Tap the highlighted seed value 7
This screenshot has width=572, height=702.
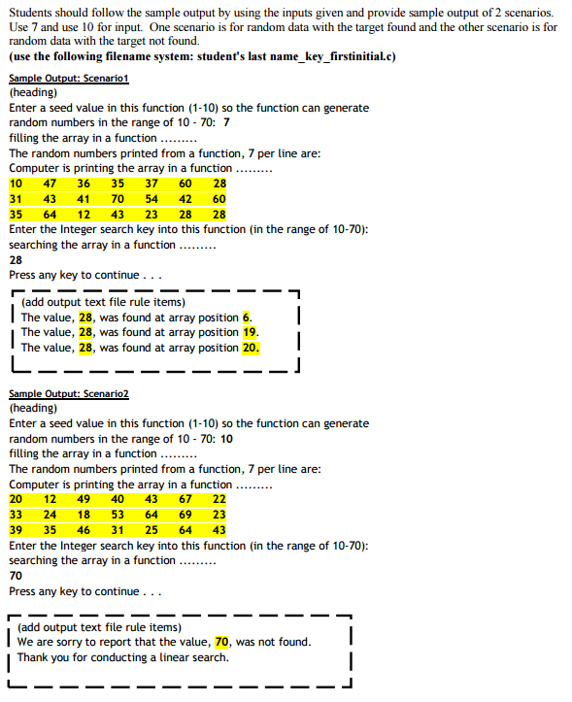tap(226, 123)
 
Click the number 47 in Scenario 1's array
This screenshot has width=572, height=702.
tap(50, 184)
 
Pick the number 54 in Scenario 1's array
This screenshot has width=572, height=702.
tap(151, 199)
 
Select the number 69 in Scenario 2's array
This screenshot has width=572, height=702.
tap(185, 515)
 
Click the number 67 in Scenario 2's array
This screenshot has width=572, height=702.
tap(185, 499)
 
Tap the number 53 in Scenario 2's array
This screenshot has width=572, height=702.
tap(118, 515)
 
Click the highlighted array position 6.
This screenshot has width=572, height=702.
tap(247, 317)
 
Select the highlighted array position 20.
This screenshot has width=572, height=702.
tap(251, 348)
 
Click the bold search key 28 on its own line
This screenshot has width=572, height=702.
tap(16, 260)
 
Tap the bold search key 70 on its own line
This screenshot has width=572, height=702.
tap(16, 576)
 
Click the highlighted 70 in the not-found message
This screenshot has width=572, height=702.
tap(222, 642)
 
